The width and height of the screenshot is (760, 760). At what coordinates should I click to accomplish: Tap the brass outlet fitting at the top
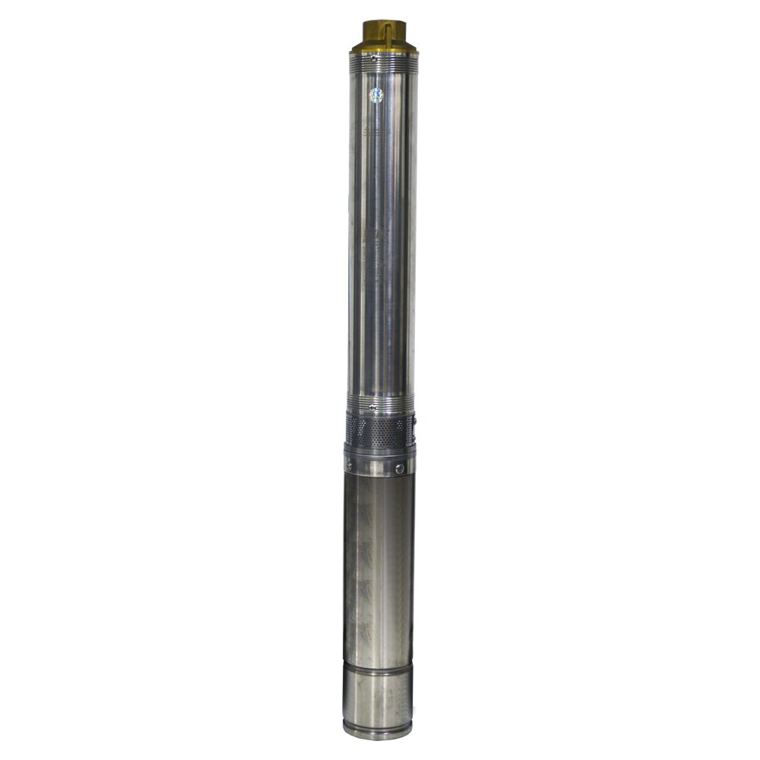click(384, 34)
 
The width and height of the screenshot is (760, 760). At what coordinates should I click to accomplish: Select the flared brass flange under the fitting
click(384, 49)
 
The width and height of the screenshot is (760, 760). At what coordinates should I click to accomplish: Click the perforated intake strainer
click(380, 432)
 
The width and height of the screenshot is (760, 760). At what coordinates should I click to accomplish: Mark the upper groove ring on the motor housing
click(378, 664)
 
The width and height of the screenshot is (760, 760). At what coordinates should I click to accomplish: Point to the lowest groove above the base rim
click(378, 722)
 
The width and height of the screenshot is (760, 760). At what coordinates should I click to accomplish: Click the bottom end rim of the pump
click(378, 733)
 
